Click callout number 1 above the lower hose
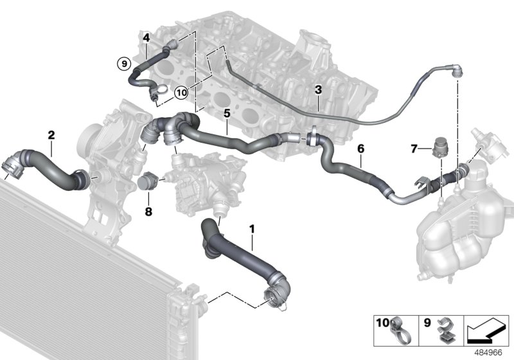click(x=252, y=228)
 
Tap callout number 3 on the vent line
click(x=317, y=89)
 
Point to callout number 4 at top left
click(x=146, y=38)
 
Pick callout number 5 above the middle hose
click(x=226, y=113)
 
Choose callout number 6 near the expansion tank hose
click(x=360, y=148)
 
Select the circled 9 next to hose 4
click(x=123, y=64)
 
